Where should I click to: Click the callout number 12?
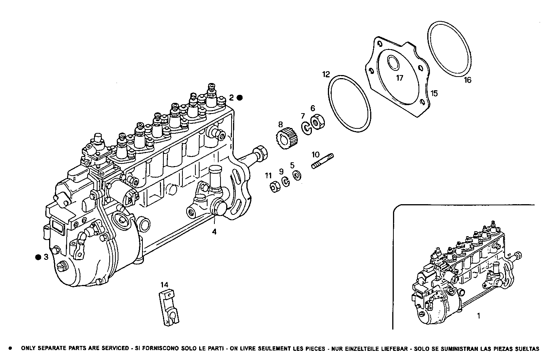click(326, 74)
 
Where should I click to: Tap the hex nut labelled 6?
click(316, 122)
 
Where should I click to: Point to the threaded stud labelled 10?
click(323, 161)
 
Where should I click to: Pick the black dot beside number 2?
click(240, 98)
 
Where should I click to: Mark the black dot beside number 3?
click(38, 258)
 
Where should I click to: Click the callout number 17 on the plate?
click(399, 78)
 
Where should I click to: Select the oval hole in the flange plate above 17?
click(392, 62)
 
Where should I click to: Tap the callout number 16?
click(467, 80)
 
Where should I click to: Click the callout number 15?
click(434, 93)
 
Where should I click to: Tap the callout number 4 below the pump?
click(214, 232)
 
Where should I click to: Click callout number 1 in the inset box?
click(479, 316)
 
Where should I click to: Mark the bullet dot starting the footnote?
click(10, 348)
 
